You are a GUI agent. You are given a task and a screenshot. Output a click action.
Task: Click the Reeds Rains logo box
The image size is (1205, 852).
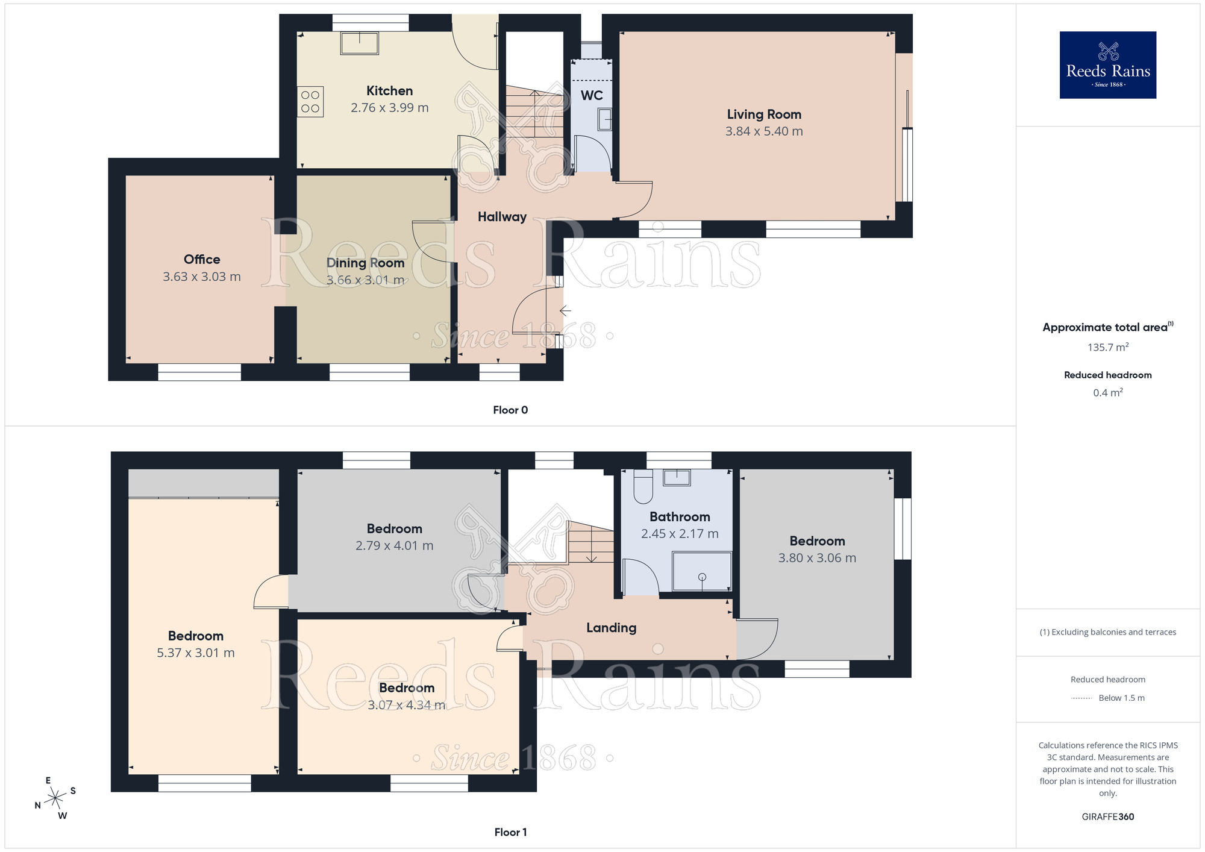click(1107, 65)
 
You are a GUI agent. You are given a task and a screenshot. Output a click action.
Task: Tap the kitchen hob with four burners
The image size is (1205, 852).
click(310, 102)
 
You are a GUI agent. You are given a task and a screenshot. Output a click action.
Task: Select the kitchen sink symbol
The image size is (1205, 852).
click(360, 43)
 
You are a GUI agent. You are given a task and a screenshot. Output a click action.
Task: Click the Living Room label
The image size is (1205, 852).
click(764, 114)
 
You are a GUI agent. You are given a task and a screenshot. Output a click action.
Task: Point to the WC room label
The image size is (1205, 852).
click(592, 95)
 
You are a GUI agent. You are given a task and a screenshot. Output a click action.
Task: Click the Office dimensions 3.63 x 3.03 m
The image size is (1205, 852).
click(202, 277)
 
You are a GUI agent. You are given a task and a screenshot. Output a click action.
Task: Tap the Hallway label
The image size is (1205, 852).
click(502, 217)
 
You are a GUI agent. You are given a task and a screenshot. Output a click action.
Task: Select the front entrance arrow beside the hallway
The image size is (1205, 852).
click(565, 311)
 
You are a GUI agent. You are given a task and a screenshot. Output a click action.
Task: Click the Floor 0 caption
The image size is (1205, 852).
click(510, 410)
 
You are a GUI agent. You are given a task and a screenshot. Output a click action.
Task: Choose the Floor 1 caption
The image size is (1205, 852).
click(510, 832)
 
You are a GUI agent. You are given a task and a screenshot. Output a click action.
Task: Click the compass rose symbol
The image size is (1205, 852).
click(55, 798)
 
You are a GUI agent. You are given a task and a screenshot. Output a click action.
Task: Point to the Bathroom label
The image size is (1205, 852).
click(680, 517)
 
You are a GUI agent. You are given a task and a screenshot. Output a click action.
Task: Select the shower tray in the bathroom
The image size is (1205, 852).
click(702, 571)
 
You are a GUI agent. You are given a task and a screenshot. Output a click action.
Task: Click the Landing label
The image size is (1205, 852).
click(612, 628)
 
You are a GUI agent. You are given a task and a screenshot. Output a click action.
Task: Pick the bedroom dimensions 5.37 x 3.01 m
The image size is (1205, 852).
click(196, 653)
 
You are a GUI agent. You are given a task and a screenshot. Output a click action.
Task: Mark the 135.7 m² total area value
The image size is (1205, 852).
click(1108, 347)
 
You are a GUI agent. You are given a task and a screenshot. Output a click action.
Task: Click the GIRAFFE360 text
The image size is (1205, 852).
click(1108, 817)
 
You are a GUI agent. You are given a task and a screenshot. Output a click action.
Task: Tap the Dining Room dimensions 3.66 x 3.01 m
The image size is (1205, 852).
click(365, 280)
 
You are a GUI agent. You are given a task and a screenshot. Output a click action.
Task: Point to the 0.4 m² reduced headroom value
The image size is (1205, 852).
click(1108, 393)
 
